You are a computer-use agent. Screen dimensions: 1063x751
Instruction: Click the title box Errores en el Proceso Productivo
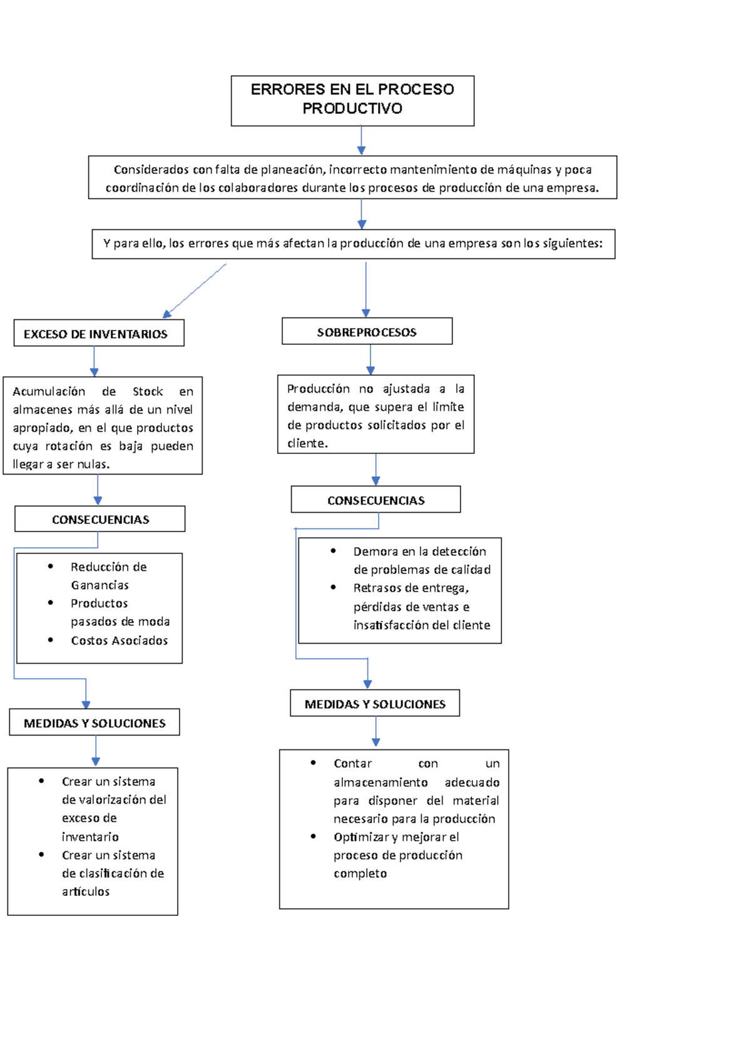352,100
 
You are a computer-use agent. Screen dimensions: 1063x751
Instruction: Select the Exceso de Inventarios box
99,334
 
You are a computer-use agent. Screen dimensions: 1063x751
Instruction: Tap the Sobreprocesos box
367,332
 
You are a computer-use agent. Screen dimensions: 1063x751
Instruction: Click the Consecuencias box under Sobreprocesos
375,500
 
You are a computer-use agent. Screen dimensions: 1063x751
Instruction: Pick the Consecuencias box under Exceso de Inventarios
100,520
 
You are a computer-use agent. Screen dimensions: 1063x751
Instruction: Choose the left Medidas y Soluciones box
95,723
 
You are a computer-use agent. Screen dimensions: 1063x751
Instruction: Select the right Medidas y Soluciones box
375,704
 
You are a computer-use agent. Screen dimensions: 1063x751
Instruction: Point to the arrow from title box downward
361,140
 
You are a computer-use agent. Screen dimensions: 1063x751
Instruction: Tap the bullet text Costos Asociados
119,640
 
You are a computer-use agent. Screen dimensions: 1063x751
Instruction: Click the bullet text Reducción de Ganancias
108,575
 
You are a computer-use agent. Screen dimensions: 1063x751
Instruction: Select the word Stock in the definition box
148,392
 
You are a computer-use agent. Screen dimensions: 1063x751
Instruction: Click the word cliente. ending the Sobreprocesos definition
307,443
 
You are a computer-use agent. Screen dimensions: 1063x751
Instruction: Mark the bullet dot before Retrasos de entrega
333,587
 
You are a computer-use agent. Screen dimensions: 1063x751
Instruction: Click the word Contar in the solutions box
352,764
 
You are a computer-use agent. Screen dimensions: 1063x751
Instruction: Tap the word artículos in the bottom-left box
86,891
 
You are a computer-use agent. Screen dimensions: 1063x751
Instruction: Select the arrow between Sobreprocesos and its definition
370,360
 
